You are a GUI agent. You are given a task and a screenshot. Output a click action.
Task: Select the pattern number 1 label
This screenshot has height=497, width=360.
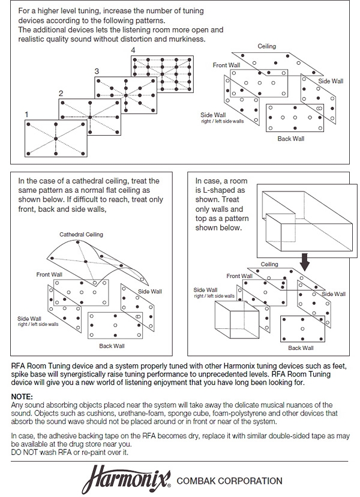point(26,113)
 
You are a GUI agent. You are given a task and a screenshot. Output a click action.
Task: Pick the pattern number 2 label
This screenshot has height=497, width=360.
point(60,93)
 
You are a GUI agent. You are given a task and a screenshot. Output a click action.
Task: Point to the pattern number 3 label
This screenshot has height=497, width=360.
point(97,71)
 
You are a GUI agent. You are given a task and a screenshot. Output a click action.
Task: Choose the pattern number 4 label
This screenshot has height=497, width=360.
point(133,50)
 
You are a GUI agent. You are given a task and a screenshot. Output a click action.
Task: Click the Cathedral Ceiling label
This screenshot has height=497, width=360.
point(81,234)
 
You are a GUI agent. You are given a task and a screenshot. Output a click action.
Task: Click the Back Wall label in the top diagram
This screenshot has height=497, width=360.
point(291,139)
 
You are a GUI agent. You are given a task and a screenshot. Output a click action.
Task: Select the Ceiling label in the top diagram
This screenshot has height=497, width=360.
point(267,46)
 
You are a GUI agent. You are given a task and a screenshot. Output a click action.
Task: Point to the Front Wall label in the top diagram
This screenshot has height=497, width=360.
point(226,65)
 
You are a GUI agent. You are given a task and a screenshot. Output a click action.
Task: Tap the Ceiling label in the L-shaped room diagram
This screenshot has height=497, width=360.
point(269,264)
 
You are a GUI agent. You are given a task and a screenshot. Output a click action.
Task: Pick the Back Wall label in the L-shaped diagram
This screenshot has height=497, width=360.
point(301,348)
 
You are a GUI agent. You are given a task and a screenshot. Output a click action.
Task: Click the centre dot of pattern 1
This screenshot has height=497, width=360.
point(55,139)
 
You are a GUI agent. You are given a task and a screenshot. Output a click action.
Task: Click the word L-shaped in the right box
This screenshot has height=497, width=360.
point(220,188)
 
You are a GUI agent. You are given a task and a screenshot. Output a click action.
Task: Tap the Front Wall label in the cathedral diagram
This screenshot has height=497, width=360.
point(49,274)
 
